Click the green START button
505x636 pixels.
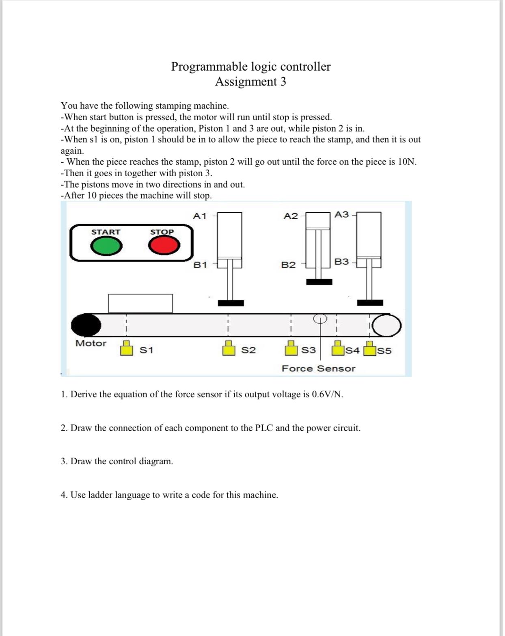pos(106,246)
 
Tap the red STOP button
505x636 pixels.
pos(164,246)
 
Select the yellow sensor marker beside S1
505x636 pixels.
pos(127,348)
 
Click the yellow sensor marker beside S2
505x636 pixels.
pos(229,348)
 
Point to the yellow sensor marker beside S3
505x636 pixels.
pos(290,348)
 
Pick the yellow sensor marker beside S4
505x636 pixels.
pos(337,348)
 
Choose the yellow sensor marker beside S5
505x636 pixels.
pos(369,349)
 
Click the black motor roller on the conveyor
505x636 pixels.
pos(86,325)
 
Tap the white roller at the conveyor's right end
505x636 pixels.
pos(387,326)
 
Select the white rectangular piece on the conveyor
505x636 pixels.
pos(140,303)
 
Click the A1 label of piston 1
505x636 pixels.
pos(200,216)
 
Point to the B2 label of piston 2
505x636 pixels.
pos(289,265)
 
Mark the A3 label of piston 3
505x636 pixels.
pos(342,214)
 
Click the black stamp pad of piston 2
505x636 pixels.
pos(319,282)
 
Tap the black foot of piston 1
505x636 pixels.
pos(231,303)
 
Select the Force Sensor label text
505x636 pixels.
pos(318,369)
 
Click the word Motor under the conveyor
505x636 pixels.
pos(91,343)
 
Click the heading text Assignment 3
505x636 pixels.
pos(250,82)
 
